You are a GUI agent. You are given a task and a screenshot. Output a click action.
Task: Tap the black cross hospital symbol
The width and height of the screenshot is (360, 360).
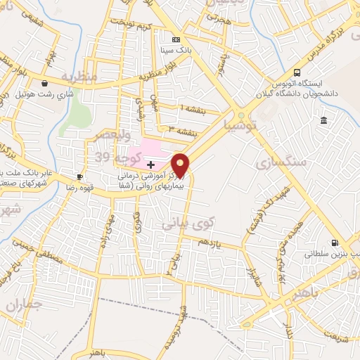151,164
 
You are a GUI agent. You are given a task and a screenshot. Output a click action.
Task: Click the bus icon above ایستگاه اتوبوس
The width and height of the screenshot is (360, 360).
297,72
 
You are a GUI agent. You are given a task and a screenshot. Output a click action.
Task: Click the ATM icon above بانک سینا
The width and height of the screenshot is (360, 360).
176,40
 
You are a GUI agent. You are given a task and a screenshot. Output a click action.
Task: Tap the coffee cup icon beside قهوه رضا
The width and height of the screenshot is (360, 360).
79,176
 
